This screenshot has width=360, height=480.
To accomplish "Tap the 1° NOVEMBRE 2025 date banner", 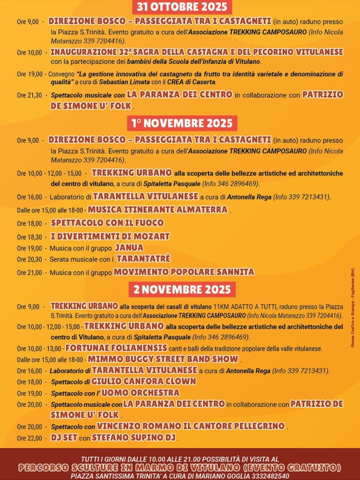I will point(182,123).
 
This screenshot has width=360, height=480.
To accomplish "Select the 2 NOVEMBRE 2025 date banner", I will point(182,289).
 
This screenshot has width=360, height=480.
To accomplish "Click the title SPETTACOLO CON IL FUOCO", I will point(107,223).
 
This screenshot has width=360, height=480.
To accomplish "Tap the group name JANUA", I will point(129,247).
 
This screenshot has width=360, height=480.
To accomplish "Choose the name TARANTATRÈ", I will point(143,259).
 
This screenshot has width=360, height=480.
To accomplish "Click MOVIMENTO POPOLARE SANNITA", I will point(184,272).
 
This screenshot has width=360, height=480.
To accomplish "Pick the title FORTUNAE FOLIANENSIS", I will point(116,348).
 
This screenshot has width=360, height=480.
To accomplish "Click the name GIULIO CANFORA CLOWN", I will point(143,382).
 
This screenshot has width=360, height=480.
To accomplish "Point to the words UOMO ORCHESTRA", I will point(141,393).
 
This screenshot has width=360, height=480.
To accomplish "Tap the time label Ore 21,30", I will point(29,95).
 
